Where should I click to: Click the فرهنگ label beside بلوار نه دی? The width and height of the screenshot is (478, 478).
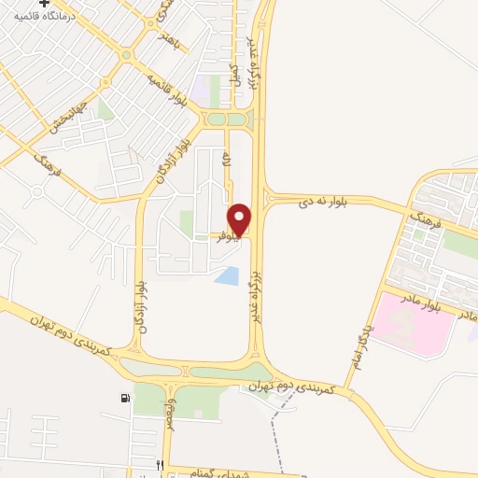click(x=422, y=222)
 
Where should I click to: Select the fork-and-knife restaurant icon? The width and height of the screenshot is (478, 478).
click(x=160, y=464)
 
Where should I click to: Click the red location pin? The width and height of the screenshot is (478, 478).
click(x=240, y=219)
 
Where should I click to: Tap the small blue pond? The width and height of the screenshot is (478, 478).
click(x=226, y=275)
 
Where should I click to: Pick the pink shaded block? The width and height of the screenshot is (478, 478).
click(x=415, y=323)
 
